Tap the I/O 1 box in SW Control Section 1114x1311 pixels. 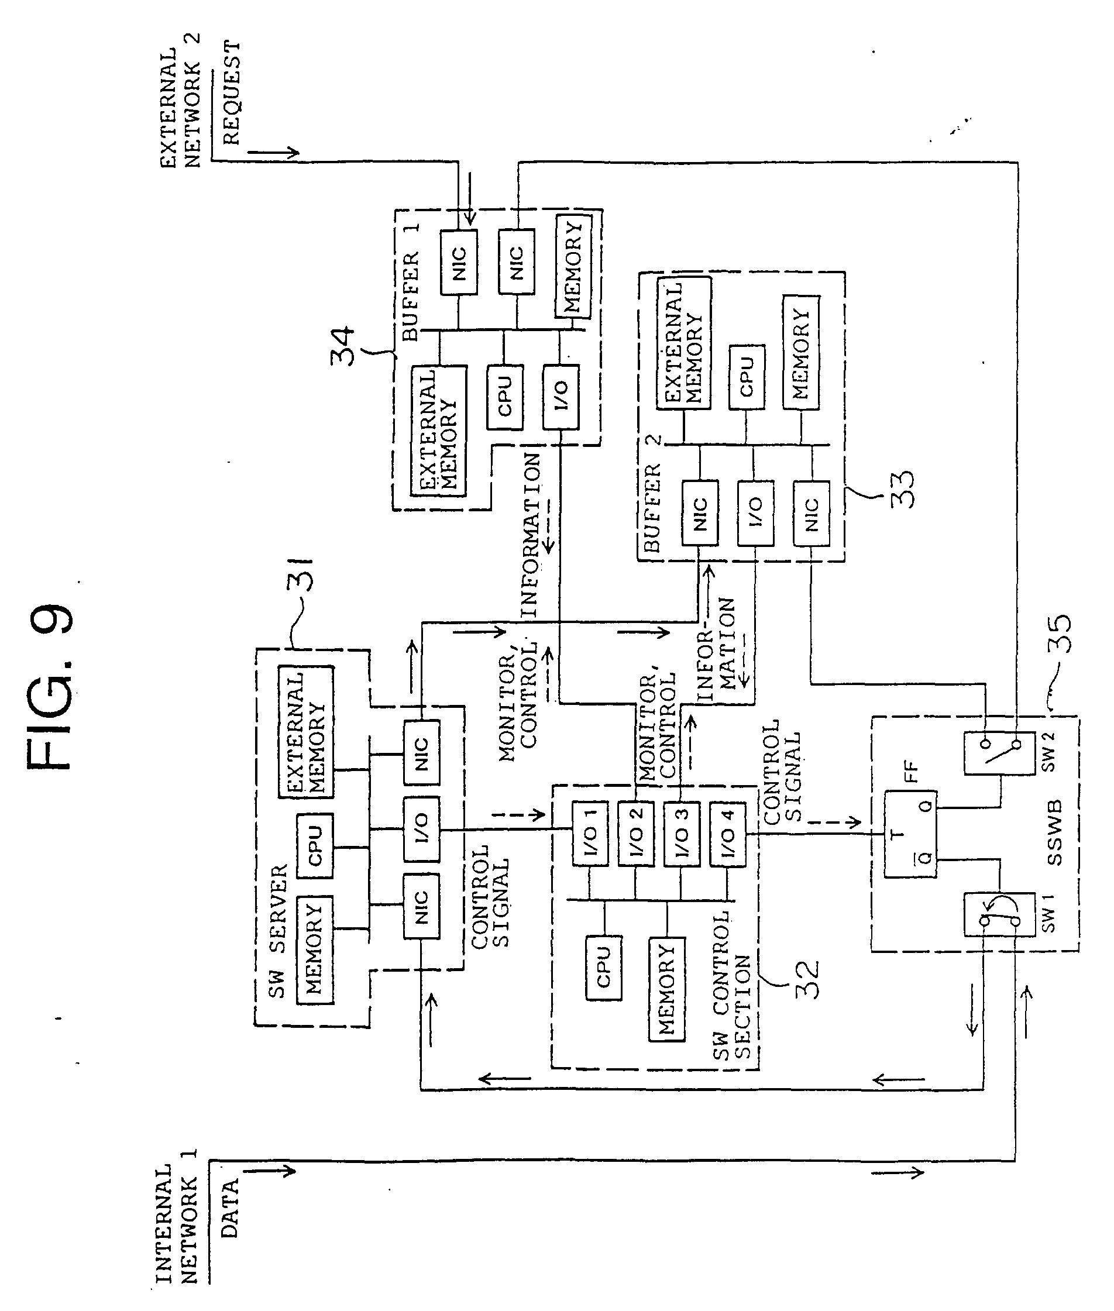(x=590, y=834)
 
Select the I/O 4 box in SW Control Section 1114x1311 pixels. (x=727, y=834)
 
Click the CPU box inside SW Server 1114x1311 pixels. (x=315, y=847)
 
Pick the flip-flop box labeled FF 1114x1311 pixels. (x=909, y=834)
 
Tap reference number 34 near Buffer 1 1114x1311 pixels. (x=344, y=346)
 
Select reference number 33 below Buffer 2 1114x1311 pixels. (x=902, y=490)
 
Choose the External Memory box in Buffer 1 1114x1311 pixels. (x=438, y=430)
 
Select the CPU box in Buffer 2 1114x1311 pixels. (x=747, y=377)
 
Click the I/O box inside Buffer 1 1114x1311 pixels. (x=560, y=397)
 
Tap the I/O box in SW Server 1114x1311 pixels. (x=421, y=828)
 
